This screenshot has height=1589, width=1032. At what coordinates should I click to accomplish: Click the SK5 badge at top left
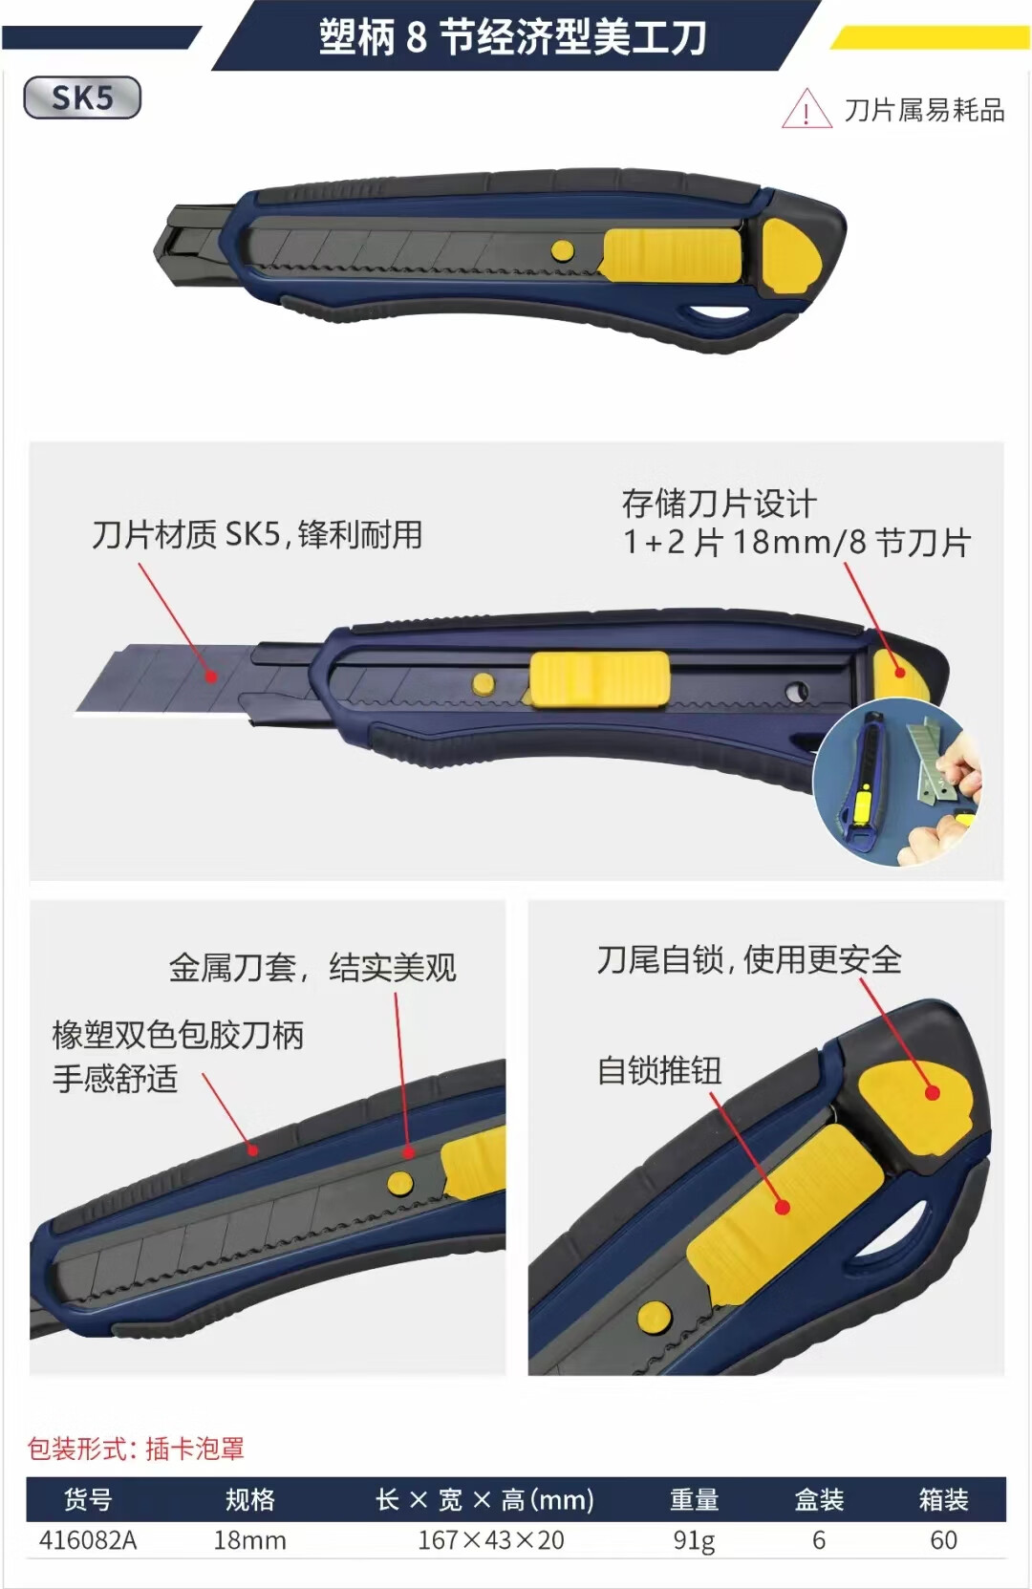click(x=82, y=97)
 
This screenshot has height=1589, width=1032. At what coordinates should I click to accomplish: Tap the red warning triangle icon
click(x=806, y=109)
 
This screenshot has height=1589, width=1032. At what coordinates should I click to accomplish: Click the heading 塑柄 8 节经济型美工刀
click(x=512, y=37)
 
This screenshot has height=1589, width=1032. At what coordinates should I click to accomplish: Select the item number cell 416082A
click(x=88, y=1540)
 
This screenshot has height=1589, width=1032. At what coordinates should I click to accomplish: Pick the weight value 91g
click(x=695, y=1541)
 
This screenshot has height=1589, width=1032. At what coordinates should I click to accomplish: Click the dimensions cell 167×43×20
click(x=491, y=1540)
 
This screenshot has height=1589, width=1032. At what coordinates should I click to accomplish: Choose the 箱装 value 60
click(x=943, y=1540)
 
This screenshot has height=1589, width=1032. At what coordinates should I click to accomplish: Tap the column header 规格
click(x=249, y=1499)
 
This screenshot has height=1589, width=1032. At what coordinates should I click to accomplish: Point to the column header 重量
click(x=695, y=1499)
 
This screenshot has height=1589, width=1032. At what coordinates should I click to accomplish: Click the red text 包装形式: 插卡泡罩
click(x=136, y=1449)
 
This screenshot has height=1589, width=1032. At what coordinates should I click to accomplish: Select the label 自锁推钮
click(x=659, y=1070)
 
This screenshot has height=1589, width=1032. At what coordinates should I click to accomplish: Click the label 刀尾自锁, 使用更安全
click(x=749, y=959)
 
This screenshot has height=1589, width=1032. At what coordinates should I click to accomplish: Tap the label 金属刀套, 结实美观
click(x=312, y=967)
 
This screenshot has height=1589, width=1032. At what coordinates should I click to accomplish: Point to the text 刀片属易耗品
click(x=924, y=110)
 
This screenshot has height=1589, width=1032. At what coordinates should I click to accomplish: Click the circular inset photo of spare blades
click(x=898, y=782)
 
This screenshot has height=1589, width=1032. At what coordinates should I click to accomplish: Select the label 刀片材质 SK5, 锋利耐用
click(x=257, y=534)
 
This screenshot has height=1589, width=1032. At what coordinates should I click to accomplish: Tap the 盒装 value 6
click(x=819, y=1540)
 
